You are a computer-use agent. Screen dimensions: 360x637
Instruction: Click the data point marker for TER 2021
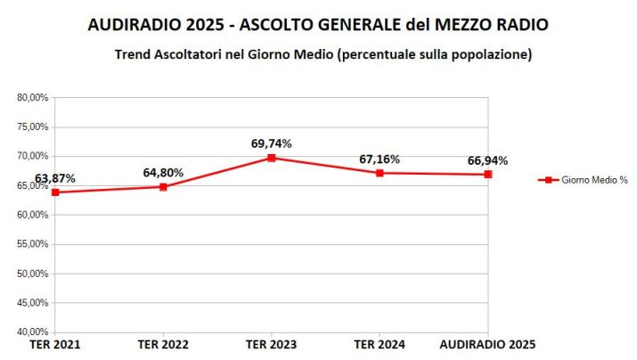click(x=55, y=192)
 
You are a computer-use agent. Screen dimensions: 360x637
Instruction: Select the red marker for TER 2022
click(x=163, y=187)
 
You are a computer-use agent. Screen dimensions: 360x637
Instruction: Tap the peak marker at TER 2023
click(x=272, y=158)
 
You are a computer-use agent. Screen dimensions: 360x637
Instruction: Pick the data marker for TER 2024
click(x=380, y=173)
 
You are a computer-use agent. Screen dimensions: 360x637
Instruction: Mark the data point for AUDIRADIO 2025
click(x=488, y=175)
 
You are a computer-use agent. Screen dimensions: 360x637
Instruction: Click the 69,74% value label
click(x=272, y=143)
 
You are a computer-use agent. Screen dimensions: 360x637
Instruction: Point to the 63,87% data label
click(x=55, y=178)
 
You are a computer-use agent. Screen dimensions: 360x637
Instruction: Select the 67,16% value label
click(x=380, y=159)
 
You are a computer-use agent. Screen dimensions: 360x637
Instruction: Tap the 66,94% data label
click(x=488, y=160)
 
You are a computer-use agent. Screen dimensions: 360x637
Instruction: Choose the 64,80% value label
click(x=163, y=173)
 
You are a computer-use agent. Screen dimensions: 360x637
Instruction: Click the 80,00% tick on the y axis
click(x=33, y=98)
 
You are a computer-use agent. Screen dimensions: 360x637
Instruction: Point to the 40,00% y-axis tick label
click(x=33, y=332)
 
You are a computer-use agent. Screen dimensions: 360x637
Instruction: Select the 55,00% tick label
click(x=33, y=244)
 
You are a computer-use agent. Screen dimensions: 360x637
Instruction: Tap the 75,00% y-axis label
click(x=33, y=127)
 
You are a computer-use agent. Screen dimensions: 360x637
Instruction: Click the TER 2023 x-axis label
click(x=272, y=344)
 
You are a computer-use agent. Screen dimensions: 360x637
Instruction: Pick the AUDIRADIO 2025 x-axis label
click(x=488, y=344)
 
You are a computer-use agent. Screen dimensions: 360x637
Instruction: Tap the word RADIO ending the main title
click(x=519, y=25)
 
